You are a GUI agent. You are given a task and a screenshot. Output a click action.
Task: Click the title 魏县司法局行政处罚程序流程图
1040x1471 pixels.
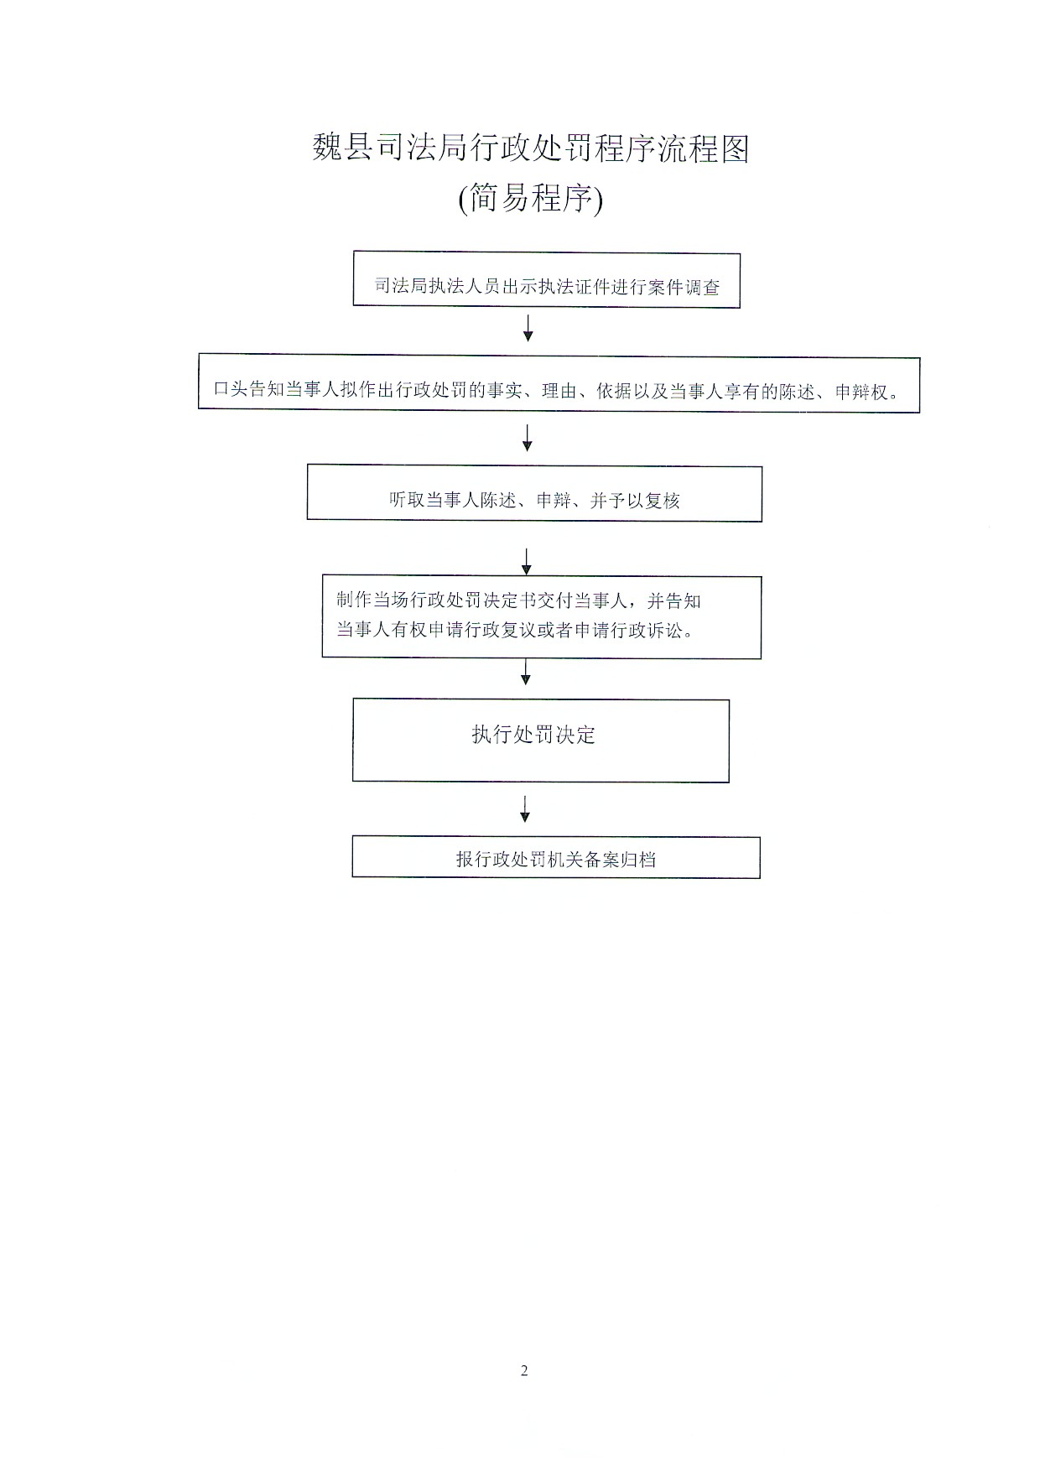click(x=530, y=148)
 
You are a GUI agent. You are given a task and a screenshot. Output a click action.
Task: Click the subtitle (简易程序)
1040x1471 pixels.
click(x=530, y=199)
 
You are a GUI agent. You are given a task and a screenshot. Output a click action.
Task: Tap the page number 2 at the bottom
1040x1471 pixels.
click(x=524, y=1371)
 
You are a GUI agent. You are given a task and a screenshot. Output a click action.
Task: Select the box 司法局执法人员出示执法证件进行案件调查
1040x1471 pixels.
click(x=546, y=279)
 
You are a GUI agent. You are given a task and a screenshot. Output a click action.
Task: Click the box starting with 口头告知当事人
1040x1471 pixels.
click(x=559, y=383)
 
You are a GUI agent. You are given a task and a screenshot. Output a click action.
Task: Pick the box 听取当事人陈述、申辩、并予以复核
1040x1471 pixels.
click(x=534, y=493)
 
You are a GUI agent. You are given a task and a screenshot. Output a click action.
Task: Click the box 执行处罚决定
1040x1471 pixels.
click(x=540, y=741)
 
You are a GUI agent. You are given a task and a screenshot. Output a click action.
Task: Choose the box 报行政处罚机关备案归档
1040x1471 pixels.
click(x=556, y=857)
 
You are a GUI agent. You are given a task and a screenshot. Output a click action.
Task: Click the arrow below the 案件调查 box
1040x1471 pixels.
click(x=528, y=328)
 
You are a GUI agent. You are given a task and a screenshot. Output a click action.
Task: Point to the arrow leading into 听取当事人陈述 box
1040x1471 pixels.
click(x=528, y=438)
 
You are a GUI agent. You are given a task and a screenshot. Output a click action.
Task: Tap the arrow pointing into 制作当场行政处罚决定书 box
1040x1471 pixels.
click(x=527, y=562)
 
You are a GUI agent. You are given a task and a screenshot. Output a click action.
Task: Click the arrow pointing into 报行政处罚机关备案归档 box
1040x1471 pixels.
click(x=525, y=808)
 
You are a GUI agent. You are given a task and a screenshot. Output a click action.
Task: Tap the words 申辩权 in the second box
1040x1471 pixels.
click(x=861, y=391)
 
